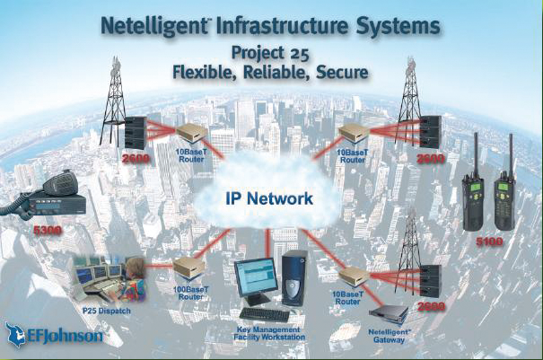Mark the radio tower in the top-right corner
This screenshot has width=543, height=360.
[x=411, y=90]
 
